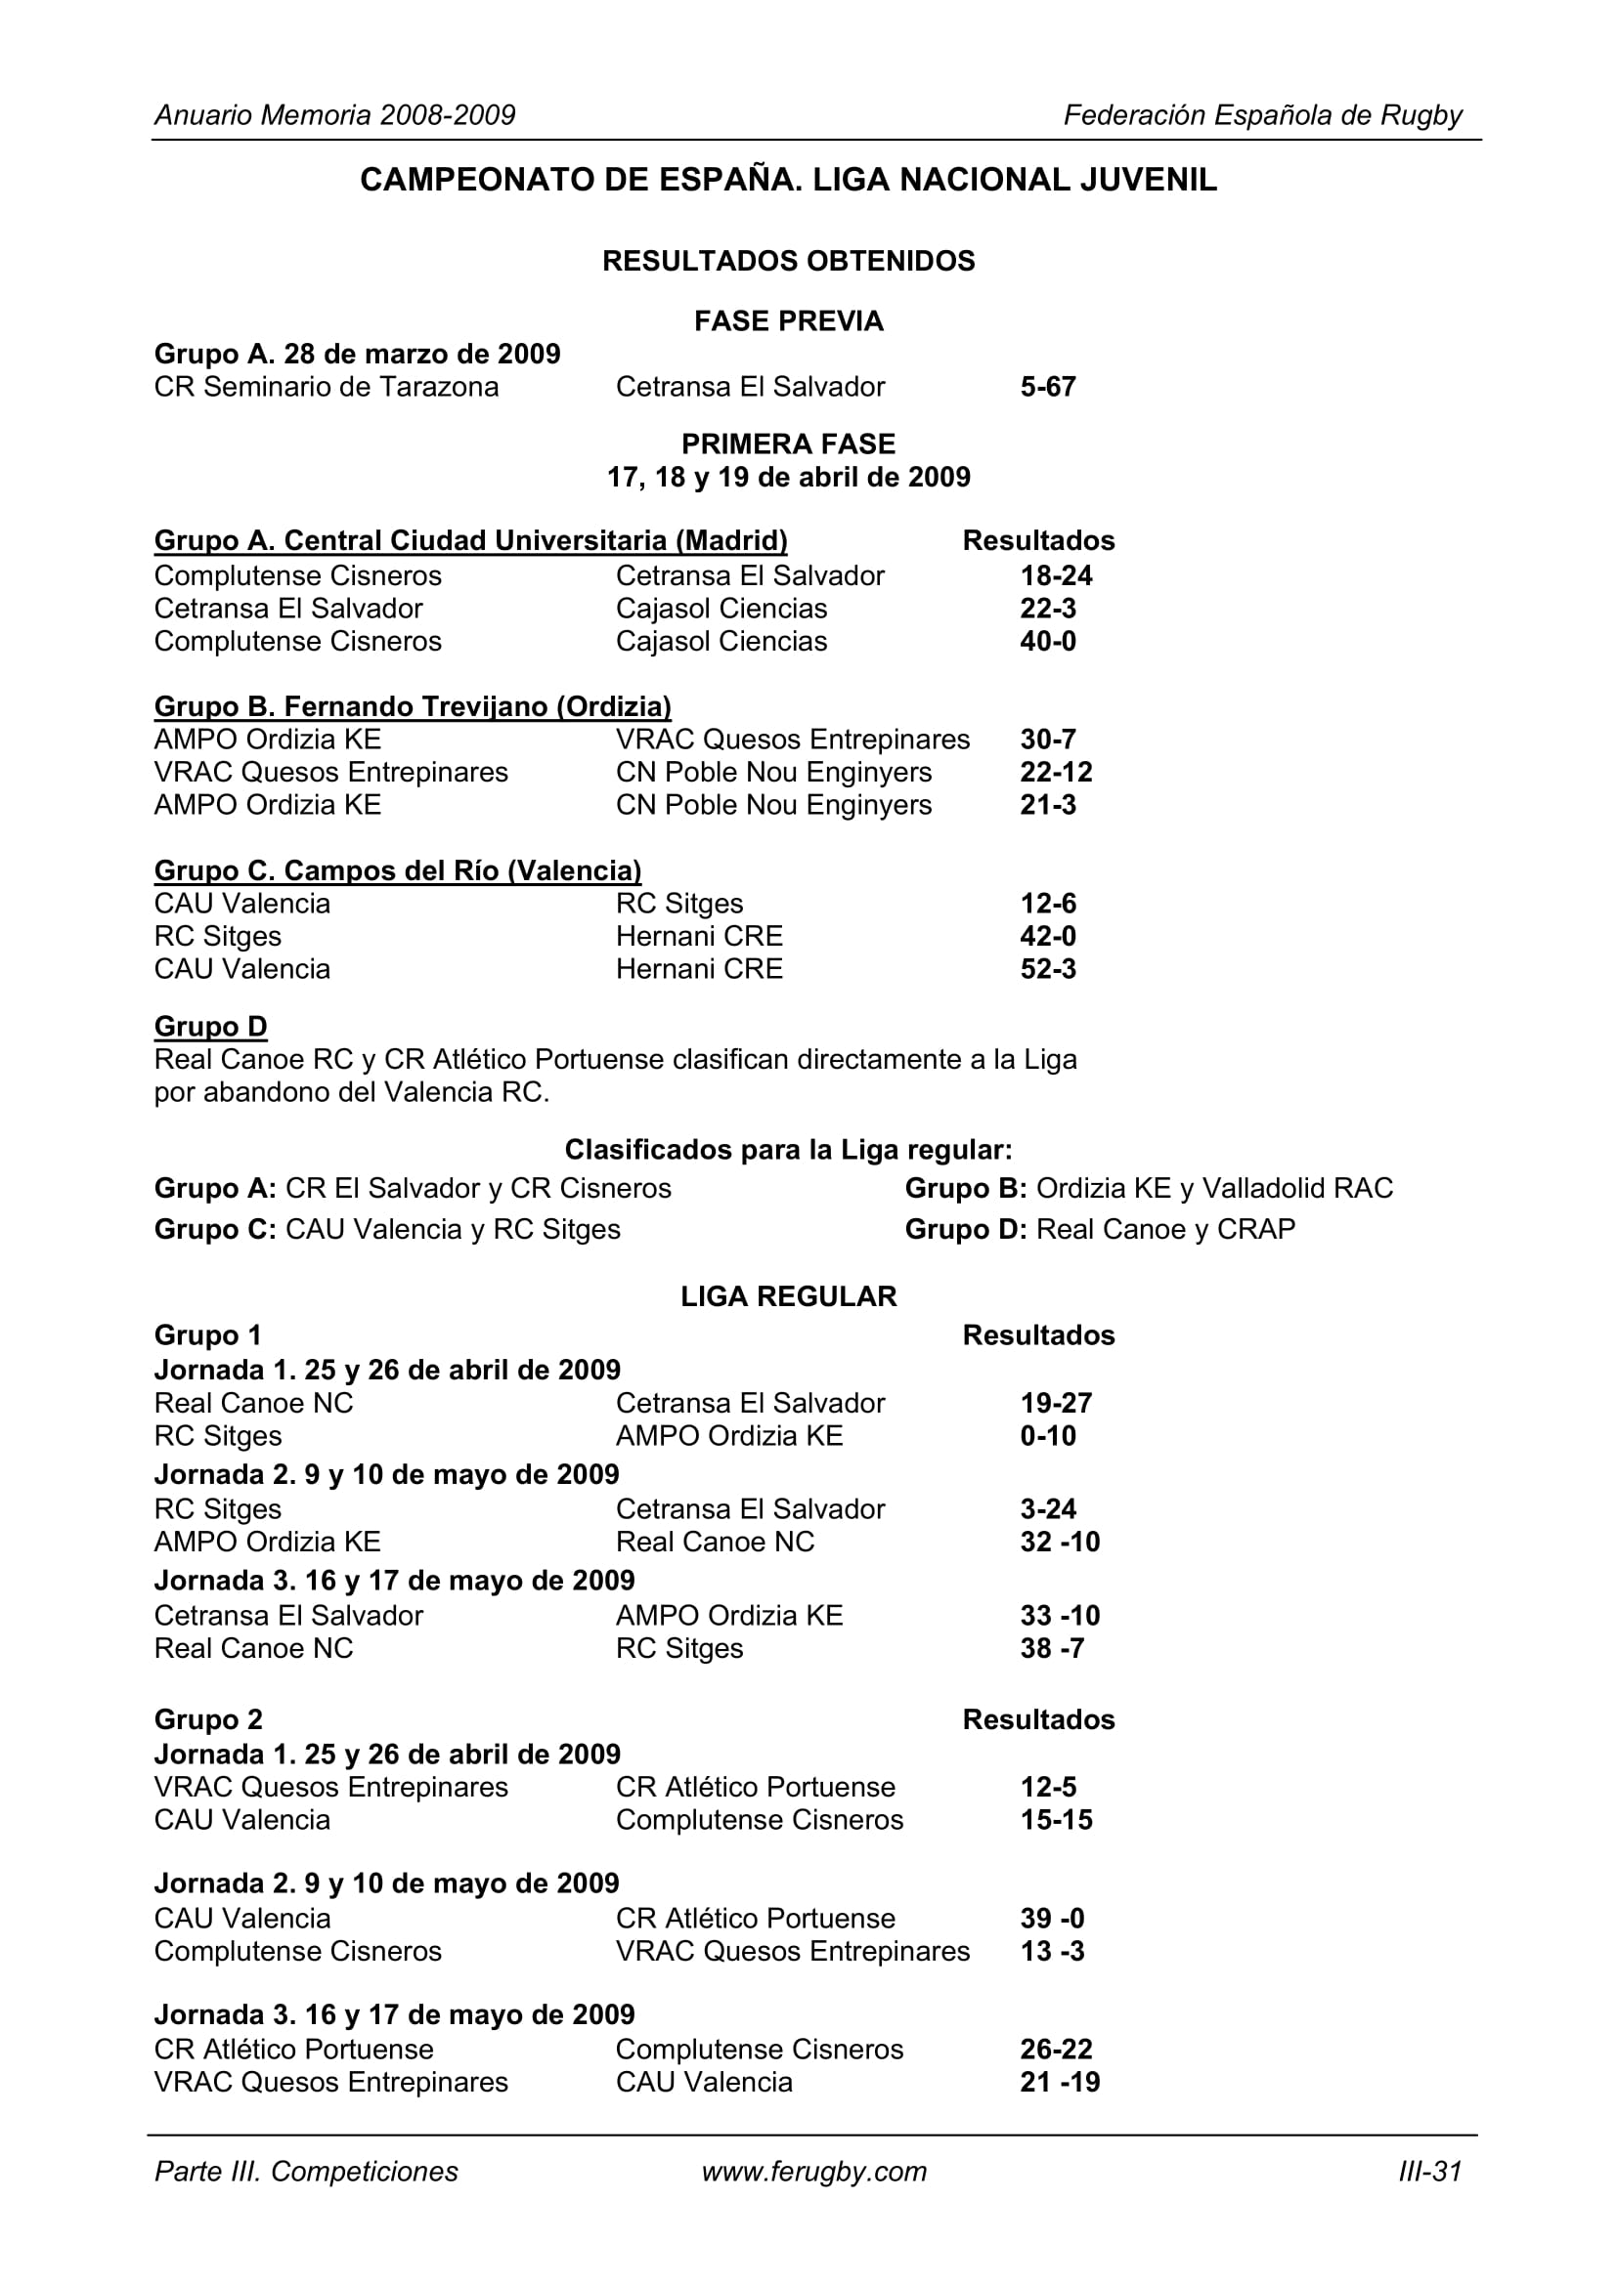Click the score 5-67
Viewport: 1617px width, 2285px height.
1047,387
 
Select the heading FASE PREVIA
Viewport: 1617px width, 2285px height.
789,321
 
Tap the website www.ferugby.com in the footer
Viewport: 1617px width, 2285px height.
813,2172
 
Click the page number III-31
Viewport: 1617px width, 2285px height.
1430,2172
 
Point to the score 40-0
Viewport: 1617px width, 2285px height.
1047,641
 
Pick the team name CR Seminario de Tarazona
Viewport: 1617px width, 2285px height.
327,387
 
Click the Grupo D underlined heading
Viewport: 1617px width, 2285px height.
210,1026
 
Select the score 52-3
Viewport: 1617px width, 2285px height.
1047,968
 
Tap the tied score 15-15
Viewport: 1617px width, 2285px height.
1056,1819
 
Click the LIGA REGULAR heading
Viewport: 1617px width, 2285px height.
789,1295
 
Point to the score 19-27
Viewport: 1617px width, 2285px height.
1056,1403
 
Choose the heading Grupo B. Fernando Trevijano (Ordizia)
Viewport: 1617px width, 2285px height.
413,706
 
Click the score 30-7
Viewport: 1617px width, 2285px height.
1047,740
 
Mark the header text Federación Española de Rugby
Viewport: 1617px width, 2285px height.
1262,115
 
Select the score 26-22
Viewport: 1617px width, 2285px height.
1056,2050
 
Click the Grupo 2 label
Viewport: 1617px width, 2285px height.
208,1719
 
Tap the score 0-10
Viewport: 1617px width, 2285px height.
1047,1436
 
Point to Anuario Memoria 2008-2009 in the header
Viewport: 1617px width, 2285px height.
334,115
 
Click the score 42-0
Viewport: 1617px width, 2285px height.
1047,937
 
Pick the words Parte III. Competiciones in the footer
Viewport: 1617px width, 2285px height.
307,2172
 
